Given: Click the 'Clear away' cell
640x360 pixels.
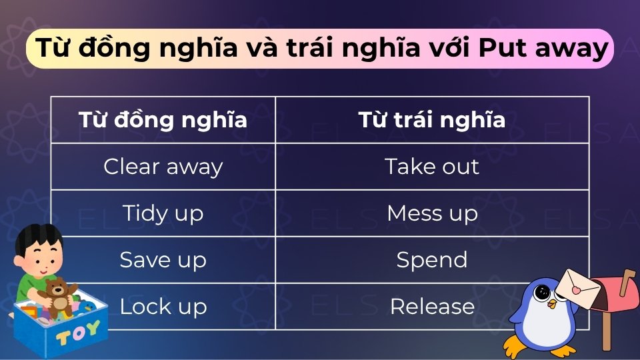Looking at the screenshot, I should click(163, 167).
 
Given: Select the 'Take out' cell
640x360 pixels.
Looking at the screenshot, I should click(432, 167).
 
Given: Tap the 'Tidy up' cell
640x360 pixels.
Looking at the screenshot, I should click(163, 213).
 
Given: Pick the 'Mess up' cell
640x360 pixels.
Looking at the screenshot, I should click(432, 213).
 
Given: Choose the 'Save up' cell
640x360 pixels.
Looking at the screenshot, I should click(163, 259).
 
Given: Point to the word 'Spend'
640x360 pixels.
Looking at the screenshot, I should click(432, 259).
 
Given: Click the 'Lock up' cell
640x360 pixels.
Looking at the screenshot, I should click(163, 306).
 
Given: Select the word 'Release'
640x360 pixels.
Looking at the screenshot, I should click(432, 306).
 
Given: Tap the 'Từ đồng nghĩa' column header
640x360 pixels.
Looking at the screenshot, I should click(163, 120).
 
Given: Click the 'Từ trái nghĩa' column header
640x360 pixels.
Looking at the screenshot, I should click(432, 120).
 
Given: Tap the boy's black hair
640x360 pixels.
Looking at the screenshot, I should click(37, 237).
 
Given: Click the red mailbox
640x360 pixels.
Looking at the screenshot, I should click(613, 293).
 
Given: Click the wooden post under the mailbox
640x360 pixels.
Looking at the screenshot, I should click(606, 333).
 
